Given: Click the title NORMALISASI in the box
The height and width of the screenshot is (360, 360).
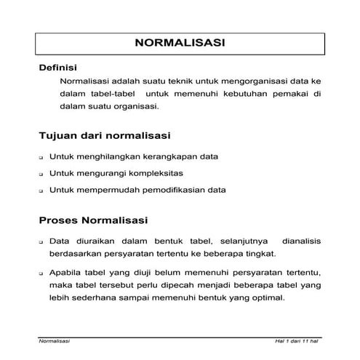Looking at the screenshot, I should coord(180,44).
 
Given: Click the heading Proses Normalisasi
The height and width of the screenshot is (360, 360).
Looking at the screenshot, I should coord(93,220).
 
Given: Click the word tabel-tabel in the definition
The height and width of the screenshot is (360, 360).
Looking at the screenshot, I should coord(109,94).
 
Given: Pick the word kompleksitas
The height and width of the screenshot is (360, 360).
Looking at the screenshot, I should coord(156,173).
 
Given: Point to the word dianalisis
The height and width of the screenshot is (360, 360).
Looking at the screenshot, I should coord(295,240).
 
